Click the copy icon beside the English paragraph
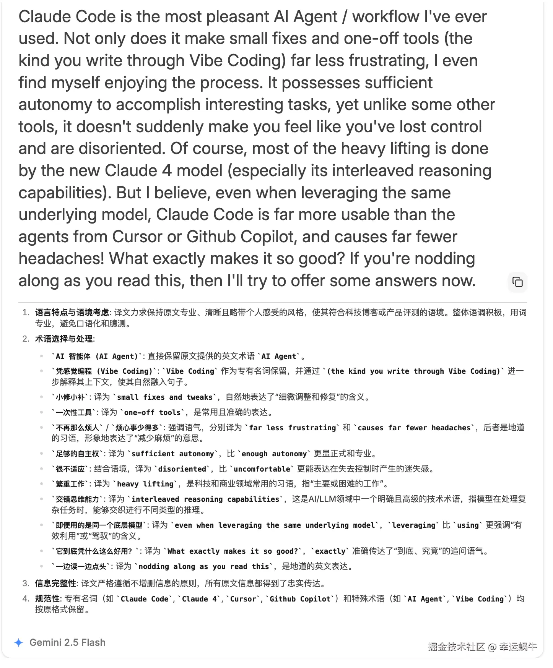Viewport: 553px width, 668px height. pos(517,282)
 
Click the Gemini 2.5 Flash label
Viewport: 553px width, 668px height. pos(67,642)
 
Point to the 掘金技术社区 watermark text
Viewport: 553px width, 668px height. pos(456,647)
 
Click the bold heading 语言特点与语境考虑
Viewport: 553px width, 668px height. pos(72,313)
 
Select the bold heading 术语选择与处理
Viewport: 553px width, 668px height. pos(64,339)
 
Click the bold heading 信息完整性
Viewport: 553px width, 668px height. pos(55,584)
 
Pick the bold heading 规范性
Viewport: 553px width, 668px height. pos(47,599)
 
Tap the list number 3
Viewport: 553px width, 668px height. pos(26,584)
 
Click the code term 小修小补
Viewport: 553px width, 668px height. pos(70,397)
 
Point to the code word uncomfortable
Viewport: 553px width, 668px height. pos(262,469)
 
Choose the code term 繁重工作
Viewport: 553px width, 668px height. pos(70,484)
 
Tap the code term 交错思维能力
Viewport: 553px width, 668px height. pos(78,499)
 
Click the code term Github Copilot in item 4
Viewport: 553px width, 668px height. pos(300,599)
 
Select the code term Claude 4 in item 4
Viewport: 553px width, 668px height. pos(200,599)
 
